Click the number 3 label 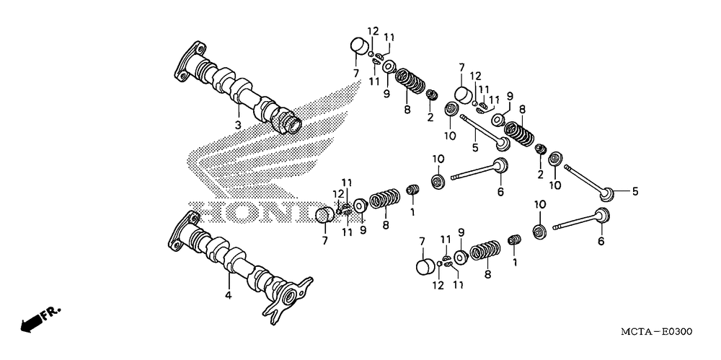point(237,125)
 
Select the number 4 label point(228,295)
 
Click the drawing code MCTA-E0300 point(655,332)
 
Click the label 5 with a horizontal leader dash point(635,191)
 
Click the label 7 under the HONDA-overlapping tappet point(324,239)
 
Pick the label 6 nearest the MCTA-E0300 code point(600,242)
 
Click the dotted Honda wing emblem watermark point(303,137)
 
